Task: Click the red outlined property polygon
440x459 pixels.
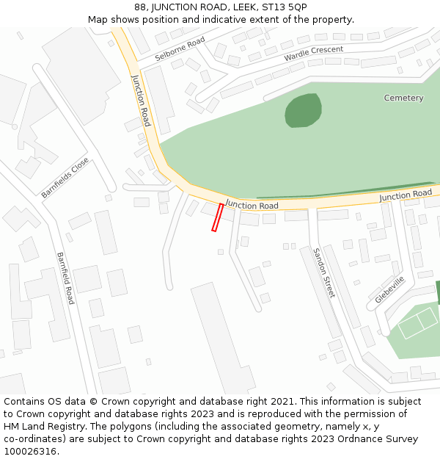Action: point(217,217)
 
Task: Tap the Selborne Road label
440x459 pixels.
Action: point(180,50)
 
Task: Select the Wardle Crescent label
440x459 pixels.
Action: point(313,54)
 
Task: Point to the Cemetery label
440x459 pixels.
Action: point(403,98)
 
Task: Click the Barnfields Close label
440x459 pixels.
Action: point(65,177)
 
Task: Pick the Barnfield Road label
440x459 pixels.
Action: point(65,278)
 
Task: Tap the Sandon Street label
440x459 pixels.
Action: point(323,272)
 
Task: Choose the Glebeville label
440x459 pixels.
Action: point(389,289)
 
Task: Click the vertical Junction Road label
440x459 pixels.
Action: point(141,101)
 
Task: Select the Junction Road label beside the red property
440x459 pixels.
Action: point(252,205)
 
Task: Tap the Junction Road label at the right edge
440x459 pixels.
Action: point(406,195)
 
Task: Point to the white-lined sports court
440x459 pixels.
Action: point(417,323)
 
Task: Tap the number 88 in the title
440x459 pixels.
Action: point(140,7)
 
